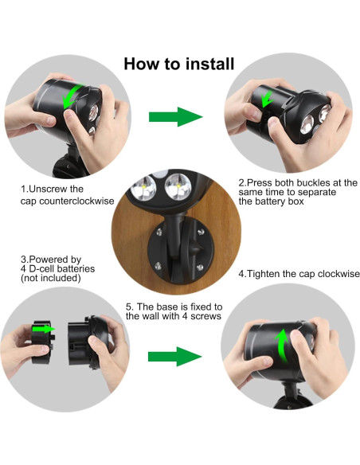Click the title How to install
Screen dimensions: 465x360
178,64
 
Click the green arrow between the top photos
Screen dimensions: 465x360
176,116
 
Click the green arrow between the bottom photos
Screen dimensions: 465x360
176,355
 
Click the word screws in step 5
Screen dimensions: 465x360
202,316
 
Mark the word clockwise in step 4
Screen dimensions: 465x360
336,273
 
